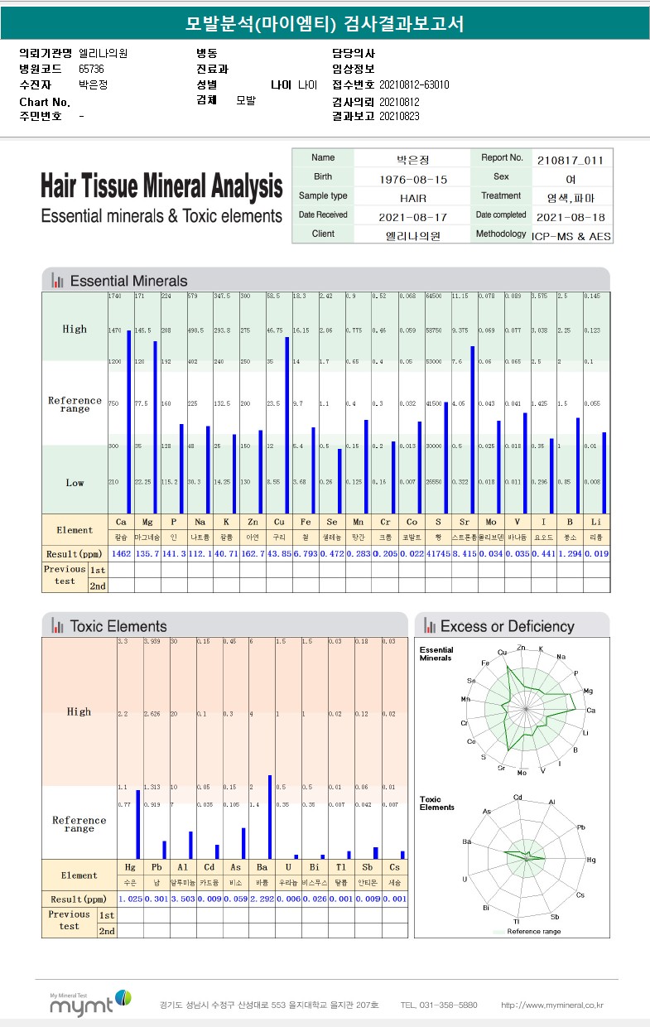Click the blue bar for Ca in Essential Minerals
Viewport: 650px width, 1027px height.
tap(129, 422)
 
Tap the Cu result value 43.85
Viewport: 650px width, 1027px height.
tap(279, 552)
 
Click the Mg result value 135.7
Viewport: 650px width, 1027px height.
tap(147, 552)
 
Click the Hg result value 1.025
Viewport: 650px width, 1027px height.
tap(130, 899)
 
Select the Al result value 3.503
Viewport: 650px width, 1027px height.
tap(182, 899)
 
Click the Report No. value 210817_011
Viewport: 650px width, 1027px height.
tap(570, 160)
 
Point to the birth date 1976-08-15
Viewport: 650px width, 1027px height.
tap(412, 179)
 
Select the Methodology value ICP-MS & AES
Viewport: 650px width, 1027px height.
tap(570, 236)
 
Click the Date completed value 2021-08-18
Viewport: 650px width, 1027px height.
tap(570, 217)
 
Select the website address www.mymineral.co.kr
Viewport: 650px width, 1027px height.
tap(552, 1005)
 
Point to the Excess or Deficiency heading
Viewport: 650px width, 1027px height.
tap(507, 626)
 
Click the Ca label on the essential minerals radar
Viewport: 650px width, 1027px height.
tap(590, 711)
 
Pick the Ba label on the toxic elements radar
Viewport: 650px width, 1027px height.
tap(466, 841)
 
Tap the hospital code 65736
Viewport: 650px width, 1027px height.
tap(92, 69)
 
